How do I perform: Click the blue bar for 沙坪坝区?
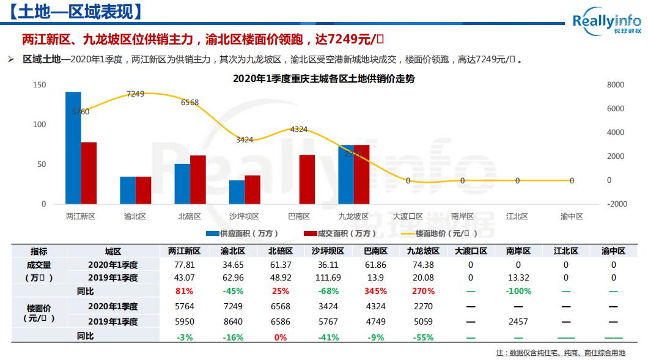[x=237, y=192]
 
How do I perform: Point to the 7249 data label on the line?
[x=135, y=94]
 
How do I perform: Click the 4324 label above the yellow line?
[x=299, y=129]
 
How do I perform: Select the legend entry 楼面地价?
[x=435, y=233]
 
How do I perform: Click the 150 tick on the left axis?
[x=40, y=85]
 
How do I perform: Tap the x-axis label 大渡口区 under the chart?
[x=408, y=216]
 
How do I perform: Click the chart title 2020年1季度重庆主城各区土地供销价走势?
[x=323, y=78]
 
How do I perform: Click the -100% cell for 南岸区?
[x=518, y=291]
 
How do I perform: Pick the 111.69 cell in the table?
[x=328, y=277]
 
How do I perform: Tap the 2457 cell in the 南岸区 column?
[x=518, y=321]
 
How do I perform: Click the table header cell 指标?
[x=39, y=251]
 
